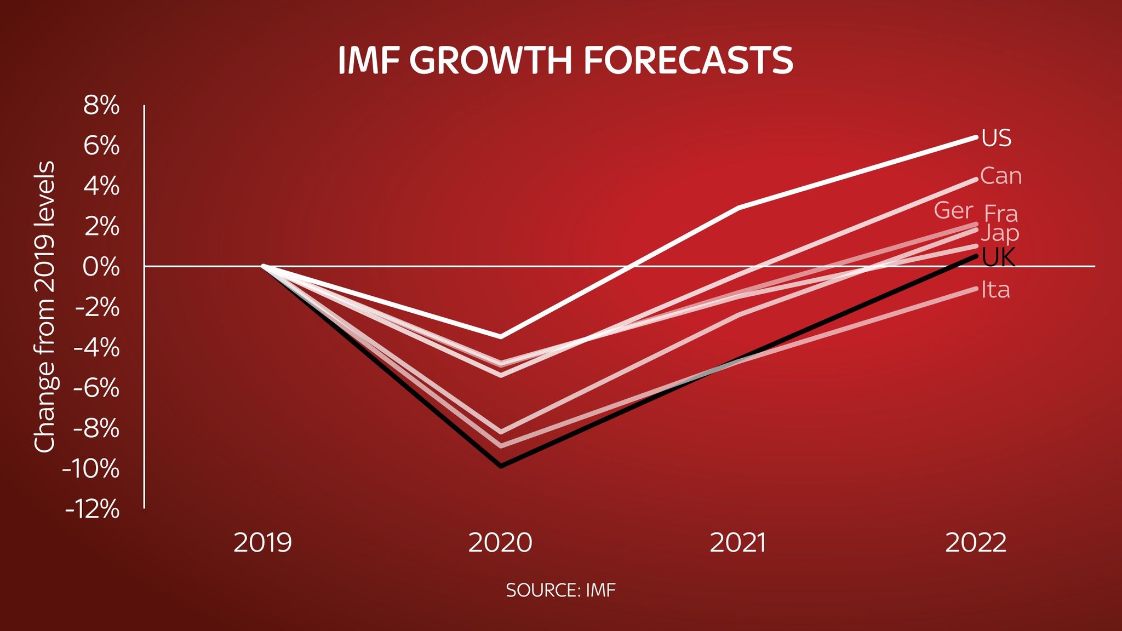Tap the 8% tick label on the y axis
click(x=101, y=106)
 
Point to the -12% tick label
click(x=92, y=510)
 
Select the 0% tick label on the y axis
click(x=101, y=267)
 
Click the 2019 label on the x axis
click(x=263, y=543)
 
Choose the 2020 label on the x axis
click(x=500, y=543)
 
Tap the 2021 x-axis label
click(x=738, y=543)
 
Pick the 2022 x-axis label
click(x=976, y=543)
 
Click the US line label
click(x=996, y=138)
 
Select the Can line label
click(x=1000, y=176)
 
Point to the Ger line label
click(x=953, y=210)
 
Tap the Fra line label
click(x=1000, y=214)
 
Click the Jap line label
click(x=999, y=234)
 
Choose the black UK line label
click(x=998, y=257)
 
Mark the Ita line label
click(x=995, y=290)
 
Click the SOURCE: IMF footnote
click(x=560, y=590)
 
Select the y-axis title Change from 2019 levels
click(x=45, y=307)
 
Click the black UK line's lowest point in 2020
click(x=501, y=466)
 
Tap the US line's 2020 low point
click(x=501, y=336)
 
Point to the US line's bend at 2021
click(x=739, y=208)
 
